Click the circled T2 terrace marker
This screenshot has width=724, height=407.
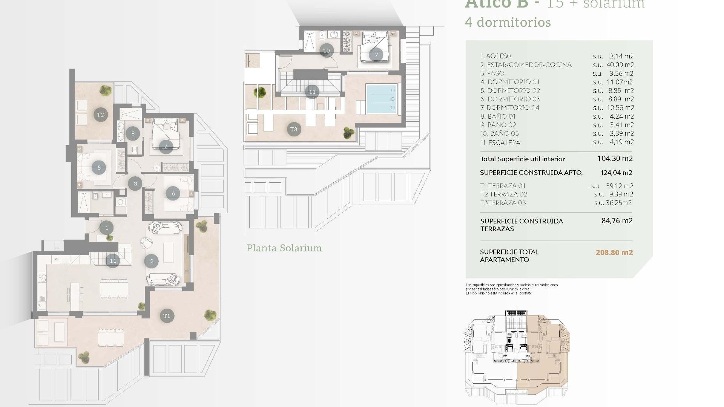tap(100, 115)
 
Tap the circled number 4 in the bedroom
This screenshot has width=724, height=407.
tap(166, 147)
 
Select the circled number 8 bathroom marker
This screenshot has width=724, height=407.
tap(133, 133)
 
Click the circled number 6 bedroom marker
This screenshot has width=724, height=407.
tap(173, 194)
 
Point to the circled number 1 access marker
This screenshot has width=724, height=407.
tap(107, 228)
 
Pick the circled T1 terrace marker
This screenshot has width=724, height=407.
tap(167, 316)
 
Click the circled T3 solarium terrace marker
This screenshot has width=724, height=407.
tap(294, 129)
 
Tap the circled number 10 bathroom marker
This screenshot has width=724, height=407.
tap(326, 50)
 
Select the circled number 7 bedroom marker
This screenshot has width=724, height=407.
tap(376, 55)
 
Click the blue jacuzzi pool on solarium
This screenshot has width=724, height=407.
tap(382, 99)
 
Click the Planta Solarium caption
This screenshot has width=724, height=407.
tap(284, 248)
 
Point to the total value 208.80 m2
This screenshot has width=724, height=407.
tap(614, 252)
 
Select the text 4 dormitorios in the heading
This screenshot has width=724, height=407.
tap(508, 22)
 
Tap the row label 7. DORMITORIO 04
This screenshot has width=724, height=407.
tap(510, 108)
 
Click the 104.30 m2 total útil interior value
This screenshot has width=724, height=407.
tap(615, 159)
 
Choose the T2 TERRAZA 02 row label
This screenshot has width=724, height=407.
tap(503, 194)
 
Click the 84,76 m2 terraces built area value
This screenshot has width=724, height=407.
tap(617, 221)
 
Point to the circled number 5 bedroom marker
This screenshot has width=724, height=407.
tap(99, 168)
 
